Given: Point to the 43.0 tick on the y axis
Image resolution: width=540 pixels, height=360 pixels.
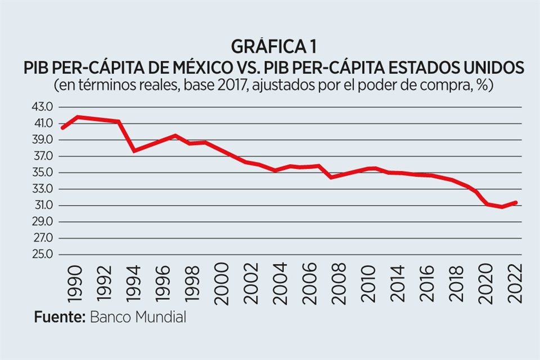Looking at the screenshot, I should point(39,107).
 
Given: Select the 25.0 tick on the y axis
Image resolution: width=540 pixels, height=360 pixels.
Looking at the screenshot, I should point(39,254).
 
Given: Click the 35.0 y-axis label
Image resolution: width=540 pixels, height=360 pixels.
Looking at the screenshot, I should point(39,173).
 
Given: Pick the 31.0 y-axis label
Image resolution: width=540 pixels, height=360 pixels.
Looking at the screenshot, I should point(39,205).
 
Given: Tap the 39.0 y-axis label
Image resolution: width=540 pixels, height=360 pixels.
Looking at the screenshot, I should point(39,139).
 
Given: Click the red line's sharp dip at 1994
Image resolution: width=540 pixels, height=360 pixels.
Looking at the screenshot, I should point(134,150).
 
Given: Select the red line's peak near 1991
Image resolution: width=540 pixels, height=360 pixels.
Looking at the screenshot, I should point(78,117).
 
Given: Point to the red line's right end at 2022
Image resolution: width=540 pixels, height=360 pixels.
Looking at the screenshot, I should point(515,202).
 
